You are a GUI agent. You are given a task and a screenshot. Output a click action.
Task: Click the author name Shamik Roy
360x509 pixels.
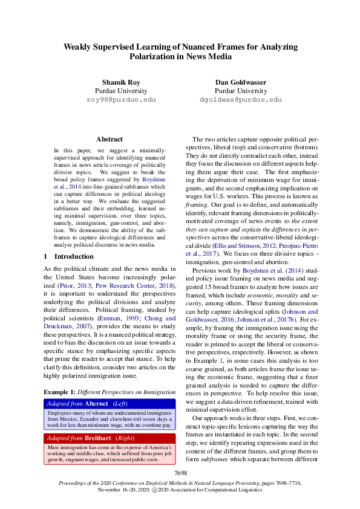coord(121,82)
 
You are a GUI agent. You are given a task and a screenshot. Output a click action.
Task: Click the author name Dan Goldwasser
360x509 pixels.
coord(240,82)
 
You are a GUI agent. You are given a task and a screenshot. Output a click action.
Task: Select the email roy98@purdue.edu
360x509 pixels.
coord(121,99)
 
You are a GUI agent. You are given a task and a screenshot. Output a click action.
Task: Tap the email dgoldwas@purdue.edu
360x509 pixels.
coord(240,99)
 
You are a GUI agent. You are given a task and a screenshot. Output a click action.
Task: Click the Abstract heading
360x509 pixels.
coord(110,139)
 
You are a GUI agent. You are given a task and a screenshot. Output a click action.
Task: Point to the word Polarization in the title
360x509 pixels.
coord(151,56)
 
